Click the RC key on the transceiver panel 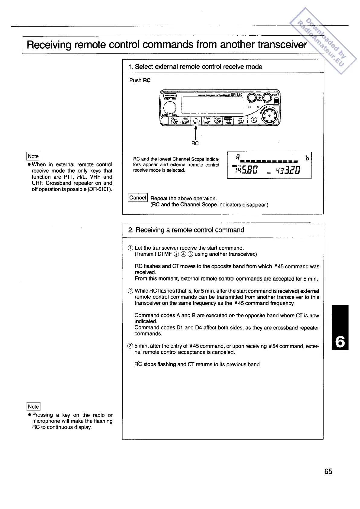[x=196, y=121]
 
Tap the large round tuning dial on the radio [x=170, y=107]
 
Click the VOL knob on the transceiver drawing [x=251, y=97]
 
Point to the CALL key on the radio [x=175, y=121]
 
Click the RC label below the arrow [x=195, y=143]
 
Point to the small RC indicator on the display [x=268, y=173]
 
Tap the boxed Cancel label [x=138, y=198]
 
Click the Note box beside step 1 [x=33, y=156]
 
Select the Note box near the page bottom [x=33, y=407]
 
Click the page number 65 [x=328, y=472]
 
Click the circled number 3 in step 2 [x=130, y=346]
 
